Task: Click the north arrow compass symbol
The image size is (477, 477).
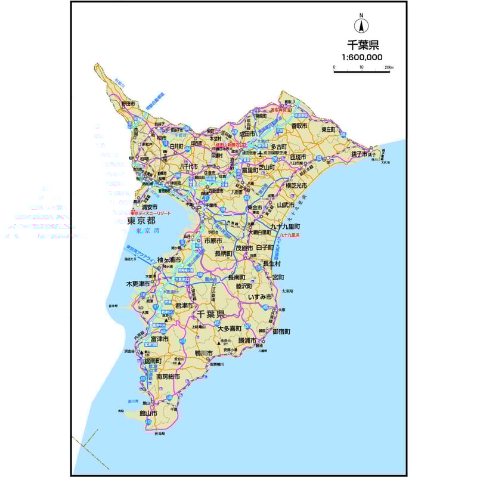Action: point(361,25)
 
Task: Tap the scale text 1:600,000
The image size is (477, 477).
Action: point(362,57)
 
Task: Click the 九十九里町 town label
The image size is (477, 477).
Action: point(285,227)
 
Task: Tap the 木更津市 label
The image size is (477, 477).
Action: point(137,284)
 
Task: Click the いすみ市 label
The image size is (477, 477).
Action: point(261,296)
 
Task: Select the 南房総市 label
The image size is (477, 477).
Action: point(168,377)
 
